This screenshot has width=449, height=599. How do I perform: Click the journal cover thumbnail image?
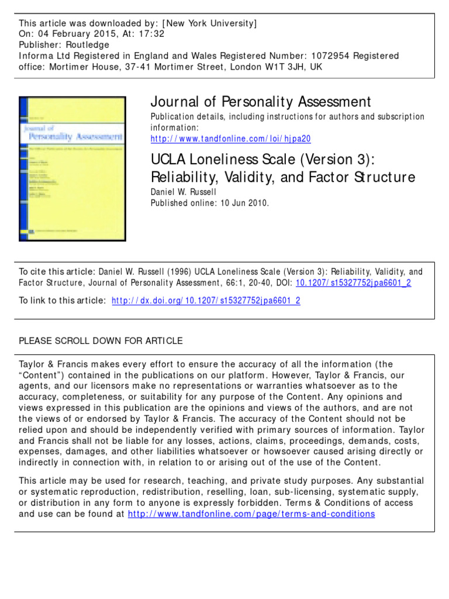coord(72,169)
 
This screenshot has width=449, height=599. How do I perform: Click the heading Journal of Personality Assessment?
coord(261,102)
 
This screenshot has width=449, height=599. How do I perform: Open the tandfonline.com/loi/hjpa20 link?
coord(230,139)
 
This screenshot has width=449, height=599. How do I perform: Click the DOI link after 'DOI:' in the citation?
coord(354,283)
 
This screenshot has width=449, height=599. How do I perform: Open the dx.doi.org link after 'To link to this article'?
coord(206,301)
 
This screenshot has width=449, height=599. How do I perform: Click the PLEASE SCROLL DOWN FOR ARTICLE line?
coord(101,340)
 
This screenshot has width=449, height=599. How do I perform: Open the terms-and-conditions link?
coord(251,514)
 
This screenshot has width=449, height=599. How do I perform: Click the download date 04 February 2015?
coord(71,34)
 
